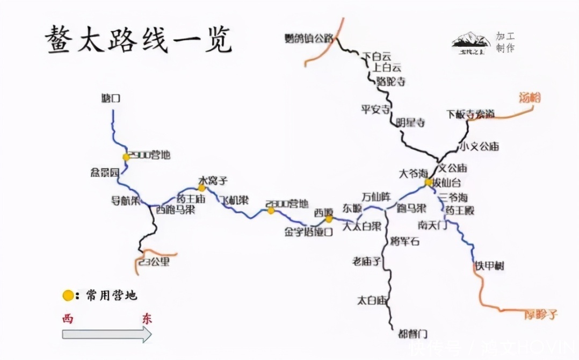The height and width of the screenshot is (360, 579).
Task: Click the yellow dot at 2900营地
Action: coord(126,157)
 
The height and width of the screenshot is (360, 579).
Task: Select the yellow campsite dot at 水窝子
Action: coord(202,188)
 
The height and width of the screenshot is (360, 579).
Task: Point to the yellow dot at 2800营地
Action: coord(271,211)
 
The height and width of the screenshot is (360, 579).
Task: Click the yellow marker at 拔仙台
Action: coord(428,183)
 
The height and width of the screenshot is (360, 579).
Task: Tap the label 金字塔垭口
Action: coord(309,233)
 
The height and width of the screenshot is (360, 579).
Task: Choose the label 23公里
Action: coord(154,262)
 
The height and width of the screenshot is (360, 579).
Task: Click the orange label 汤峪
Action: coord(530,98)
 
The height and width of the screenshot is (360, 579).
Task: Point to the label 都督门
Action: coord(412,333)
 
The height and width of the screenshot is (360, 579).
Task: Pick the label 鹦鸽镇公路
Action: coord(309,38)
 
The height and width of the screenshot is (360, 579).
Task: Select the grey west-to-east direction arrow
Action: coord(107,334)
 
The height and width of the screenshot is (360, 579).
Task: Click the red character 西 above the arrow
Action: coord(68,318)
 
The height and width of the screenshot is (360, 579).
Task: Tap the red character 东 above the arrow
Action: coord(147,318)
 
